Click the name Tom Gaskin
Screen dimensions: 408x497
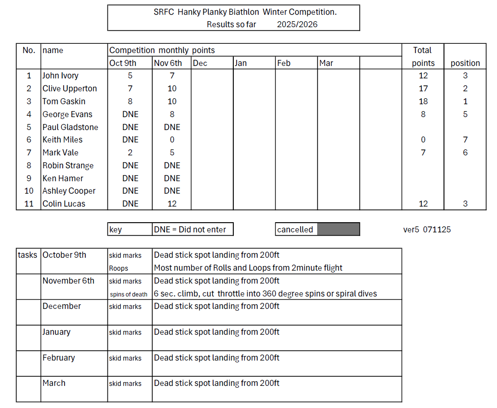(64, 101)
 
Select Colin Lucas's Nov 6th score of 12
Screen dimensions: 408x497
(172, 204)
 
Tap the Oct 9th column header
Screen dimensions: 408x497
(123, 63)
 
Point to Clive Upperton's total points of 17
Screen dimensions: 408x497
(423, 89)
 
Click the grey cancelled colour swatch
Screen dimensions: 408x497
(338, 229)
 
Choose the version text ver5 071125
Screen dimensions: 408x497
(426, 230)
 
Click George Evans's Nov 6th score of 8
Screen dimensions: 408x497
(172, 114)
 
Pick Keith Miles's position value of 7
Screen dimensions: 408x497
(465, 140)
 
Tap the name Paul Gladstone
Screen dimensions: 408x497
(70, 127)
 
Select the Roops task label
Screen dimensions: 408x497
(118, 268)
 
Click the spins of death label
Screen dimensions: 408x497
(129, 294)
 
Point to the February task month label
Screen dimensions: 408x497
(59, 358)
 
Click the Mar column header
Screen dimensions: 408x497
(326, 63)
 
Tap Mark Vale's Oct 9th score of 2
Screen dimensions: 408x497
(130, 153)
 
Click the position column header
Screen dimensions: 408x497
(465, 63)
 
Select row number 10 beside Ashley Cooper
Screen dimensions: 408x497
(29, 191)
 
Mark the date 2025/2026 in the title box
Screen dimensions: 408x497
(297, 24)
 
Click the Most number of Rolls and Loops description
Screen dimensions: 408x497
(248, 268)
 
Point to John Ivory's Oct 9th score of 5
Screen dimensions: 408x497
(130, 76)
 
